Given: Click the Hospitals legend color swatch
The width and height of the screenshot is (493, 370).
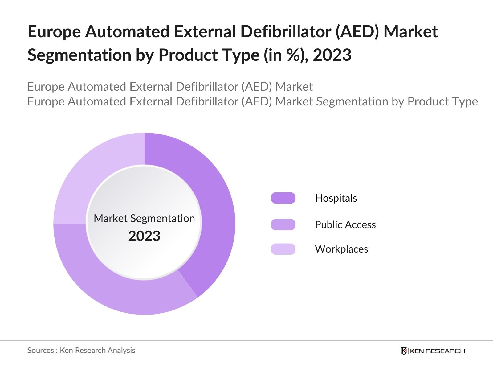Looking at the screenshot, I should (x=283, y=198).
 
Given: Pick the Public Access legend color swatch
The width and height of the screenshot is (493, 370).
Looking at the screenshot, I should (x=283, y=224).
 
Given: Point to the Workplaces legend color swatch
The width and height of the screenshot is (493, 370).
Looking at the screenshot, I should (x=283, y=249).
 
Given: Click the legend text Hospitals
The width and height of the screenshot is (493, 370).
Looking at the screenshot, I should (x=336, y=198).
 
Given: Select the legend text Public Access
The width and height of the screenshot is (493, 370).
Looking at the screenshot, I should (x=345, y=224).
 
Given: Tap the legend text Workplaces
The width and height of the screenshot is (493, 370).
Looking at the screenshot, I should (x=341, y=249).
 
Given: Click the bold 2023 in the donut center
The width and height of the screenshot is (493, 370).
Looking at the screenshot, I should (x=144, y=236).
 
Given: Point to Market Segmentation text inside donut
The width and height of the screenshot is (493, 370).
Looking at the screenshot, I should (x=144, y=218).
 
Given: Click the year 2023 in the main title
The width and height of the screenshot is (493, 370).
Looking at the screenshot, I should (x=332, y=55).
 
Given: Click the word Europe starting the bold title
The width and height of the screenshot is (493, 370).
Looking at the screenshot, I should (x=54, y=31).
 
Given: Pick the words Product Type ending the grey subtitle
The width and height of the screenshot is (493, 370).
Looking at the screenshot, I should (x=442, y=101).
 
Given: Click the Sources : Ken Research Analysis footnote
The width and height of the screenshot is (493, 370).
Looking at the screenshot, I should (x=81, y=350).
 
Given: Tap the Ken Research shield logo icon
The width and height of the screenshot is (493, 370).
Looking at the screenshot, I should (x=404, y=351).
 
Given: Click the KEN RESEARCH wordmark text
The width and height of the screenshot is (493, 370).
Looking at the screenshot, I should (x=437, y=351).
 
